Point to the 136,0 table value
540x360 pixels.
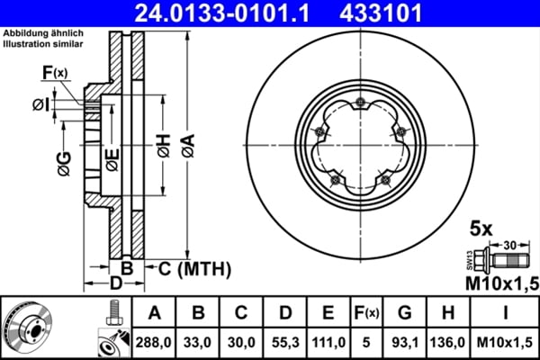pyautogui.click(x=447, y=343)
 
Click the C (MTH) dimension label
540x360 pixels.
pyautogui.click(x=188, y=268)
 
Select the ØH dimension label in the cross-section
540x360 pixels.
pyautogui.click(x=162, y=146)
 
